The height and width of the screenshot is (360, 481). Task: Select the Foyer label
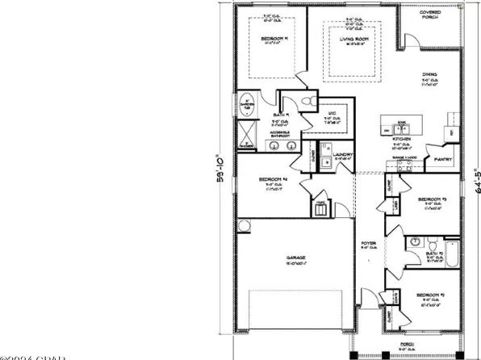[x=366, y=242]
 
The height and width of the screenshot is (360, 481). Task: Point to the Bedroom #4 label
[x=274, y=179]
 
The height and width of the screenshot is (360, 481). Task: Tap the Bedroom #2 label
[x=431, y=296]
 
